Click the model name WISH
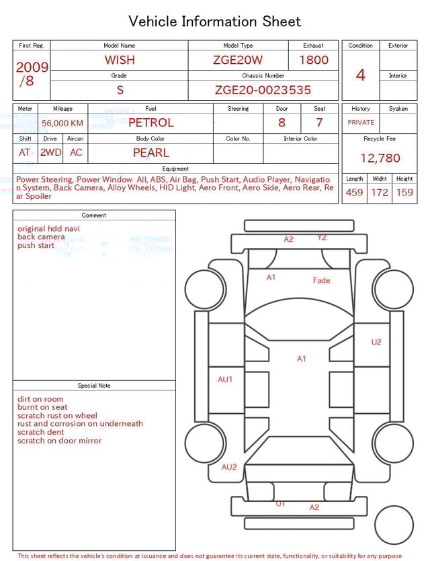point(120,60)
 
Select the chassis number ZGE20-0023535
point(263,90)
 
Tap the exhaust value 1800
point(314,60)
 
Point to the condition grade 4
point(361,75)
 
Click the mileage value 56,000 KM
point(62,124)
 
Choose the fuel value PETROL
point(150,123)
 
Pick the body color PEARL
point(150,153)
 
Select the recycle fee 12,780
point(380,159)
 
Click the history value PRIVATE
point(361,123)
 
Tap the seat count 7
point(319,123)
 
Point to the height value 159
point(404,193)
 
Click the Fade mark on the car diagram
point(321,280)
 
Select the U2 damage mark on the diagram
point(376,342)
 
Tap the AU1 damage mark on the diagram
point(225,380)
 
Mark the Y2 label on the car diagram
point(322,237)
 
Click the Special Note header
point(94,386)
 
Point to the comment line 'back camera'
point(41,237)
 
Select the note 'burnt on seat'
point(42,407)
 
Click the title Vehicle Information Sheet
point(215,21)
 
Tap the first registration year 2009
point(32,67)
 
